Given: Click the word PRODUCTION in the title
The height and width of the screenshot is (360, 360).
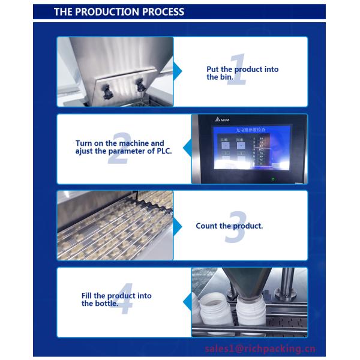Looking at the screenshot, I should (106, 12).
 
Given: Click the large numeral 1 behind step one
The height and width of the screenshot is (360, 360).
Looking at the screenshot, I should (235, 71).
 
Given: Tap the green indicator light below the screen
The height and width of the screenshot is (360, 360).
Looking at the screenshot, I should (273, 178).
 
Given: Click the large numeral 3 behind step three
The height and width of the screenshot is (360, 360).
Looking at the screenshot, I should (235, 227).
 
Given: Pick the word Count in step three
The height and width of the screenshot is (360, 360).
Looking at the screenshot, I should (206, 226).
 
